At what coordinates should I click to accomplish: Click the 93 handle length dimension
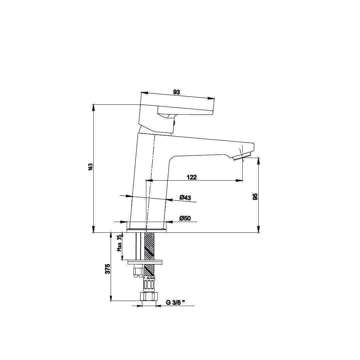[177, 92]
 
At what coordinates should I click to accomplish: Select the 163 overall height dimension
[90, 167]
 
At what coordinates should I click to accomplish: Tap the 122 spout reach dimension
[192, 177]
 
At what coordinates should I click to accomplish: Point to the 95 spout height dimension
[255, 197]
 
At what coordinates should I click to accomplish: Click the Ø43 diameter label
[185, 197]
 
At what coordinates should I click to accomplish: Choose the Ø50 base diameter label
[185, 218]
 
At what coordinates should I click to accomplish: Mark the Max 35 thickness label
[119, 243]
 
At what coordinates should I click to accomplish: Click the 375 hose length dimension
[108, 269]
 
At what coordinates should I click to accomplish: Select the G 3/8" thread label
[176, 303]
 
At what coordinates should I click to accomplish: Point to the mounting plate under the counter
[145, 262]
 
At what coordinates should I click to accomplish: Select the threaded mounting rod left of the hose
[138, 246]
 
